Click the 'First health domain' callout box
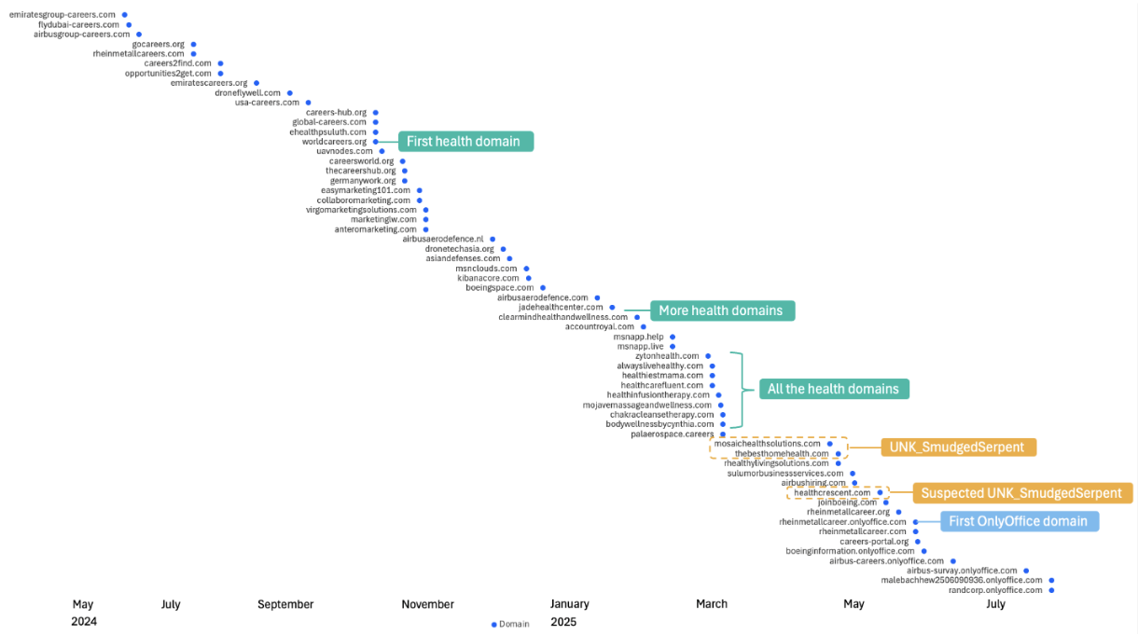[465, 141]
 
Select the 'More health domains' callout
[722, 310]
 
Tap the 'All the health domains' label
[834, 389]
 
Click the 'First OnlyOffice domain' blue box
[1020, 521]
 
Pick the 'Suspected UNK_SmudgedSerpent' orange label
[1022, 493]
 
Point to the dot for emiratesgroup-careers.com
[124, 15]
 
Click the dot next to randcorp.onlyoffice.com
[1051, 590]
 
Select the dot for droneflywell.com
[289, 93]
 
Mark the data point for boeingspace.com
[543, 288]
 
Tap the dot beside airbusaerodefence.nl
[493, 239]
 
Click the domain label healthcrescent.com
[832, 492]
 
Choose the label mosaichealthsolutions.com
[767, 444]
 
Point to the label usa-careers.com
[267, 103]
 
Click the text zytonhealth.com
[667, 356]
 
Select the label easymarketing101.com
[366, 190]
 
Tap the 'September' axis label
[285, 604]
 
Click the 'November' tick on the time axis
[428, 604]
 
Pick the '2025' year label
[563, 622]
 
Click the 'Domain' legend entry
[510, 624]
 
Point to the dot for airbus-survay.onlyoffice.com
[1026, 571]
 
